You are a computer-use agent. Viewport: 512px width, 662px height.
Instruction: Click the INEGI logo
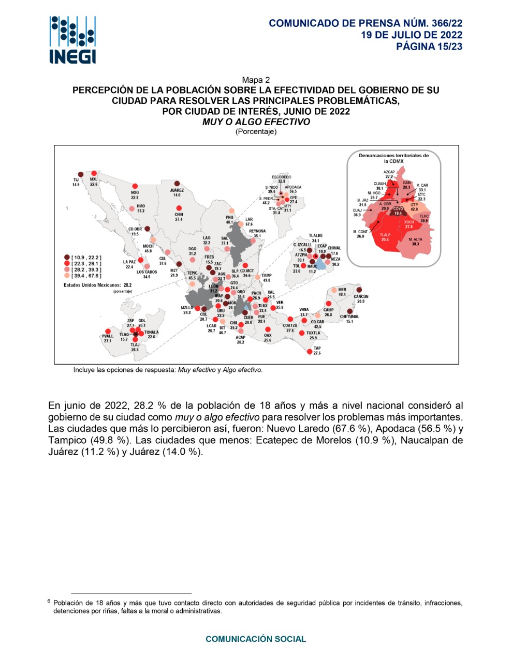pyautogui.click(x=73, y=40)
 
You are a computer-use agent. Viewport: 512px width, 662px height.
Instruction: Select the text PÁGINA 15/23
pyautogui.click(x=429, y=47)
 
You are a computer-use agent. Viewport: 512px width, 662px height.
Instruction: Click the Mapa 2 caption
pyautogui.click(x=256, y=80)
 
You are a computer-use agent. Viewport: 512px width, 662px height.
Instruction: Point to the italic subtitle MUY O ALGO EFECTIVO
pyautogui.click(x=256, y=122)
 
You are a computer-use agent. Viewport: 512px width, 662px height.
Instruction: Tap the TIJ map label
pyautogui.click(x=76, y=179)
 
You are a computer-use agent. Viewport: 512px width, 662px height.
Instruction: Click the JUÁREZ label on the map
pyautogui.click(x=177, y=190)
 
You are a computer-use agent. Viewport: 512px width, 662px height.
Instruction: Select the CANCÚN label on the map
pyautogui.click(x=361, y=296)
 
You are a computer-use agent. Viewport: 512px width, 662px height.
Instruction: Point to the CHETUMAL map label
pyautogui.click(x=349, y=317)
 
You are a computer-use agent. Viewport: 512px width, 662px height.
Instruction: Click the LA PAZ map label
pyautogui.click(x=129, y=262)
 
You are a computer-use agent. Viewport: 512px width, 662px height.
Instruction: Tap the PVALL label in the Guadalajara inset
pyautogui.click(x=108, y=336)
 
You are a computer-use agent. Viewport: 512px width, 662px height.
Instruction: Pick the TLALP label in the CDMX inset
pyautogui.click(x=385, y=235)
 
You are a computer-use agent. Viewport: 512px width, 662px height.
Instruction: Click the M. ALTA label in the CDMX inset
pyautogui.click(x=415, y=239)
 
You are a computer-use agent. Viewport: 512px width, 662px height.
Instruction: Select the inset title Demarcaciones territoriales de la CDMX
pyautogui.click(x=394, y=158)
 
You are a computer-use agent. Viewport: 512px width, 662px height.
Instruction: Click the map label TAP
pyautogui.click(x=317, y=349)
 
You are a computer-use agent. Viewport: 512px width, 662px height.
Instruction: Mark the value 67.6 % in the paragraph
pyautogui.click(x=352, y=429)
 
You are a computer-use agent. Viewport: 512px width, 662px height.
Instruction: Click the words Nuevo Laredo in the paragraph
pyautogui.click(x=298, y=429)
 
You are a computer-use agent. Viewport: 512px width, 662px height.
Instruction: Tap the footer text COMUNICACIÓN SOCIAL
pyautogui.click(x=256, y=639)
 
